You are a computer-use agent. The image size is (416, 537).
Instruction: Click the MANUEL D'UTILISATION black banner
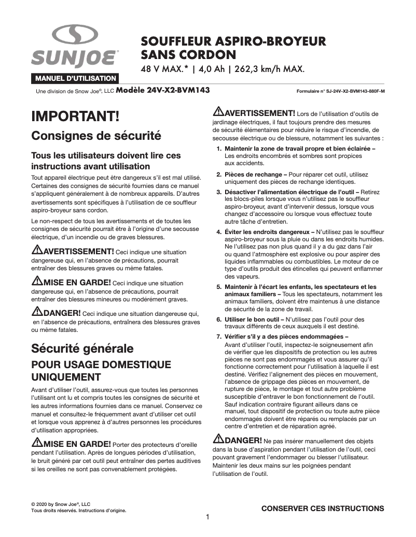click(75, 79)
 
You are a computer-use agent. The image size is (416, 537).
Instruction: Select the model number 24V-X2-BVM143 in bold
click(163, 90)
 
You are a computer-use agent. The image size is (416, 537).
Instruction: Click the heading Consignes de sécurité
click(96, 136)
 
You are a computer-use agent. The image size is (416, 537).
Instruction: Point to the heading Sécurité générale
click(82, 348)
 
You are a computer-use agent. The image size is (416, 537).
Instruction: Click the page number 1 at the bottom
click(207, 517)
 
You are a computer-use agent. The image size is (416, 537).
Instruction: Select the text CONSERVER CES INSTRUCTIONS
click(323, 509)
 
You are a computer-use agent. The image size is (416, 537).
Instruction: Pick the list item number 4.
click(219, 231)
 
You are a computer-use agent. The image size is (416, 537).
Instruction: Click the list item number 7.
click(219, 337)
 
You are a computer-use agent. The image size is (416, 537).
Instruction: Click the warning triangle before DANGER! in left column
click(37, 312)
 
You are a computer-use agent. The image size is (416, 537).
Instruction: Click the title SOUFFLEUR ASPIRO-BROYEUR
click(233, 41)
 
